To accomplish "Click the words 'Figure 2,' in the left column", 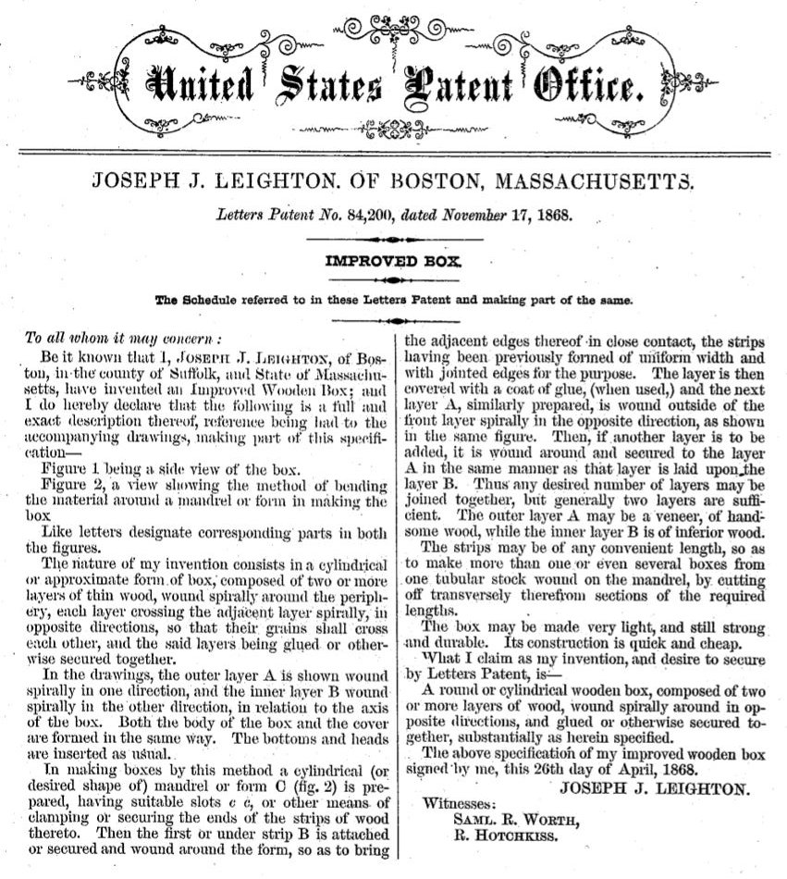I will pyautogui.click(x=77, y=486).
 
